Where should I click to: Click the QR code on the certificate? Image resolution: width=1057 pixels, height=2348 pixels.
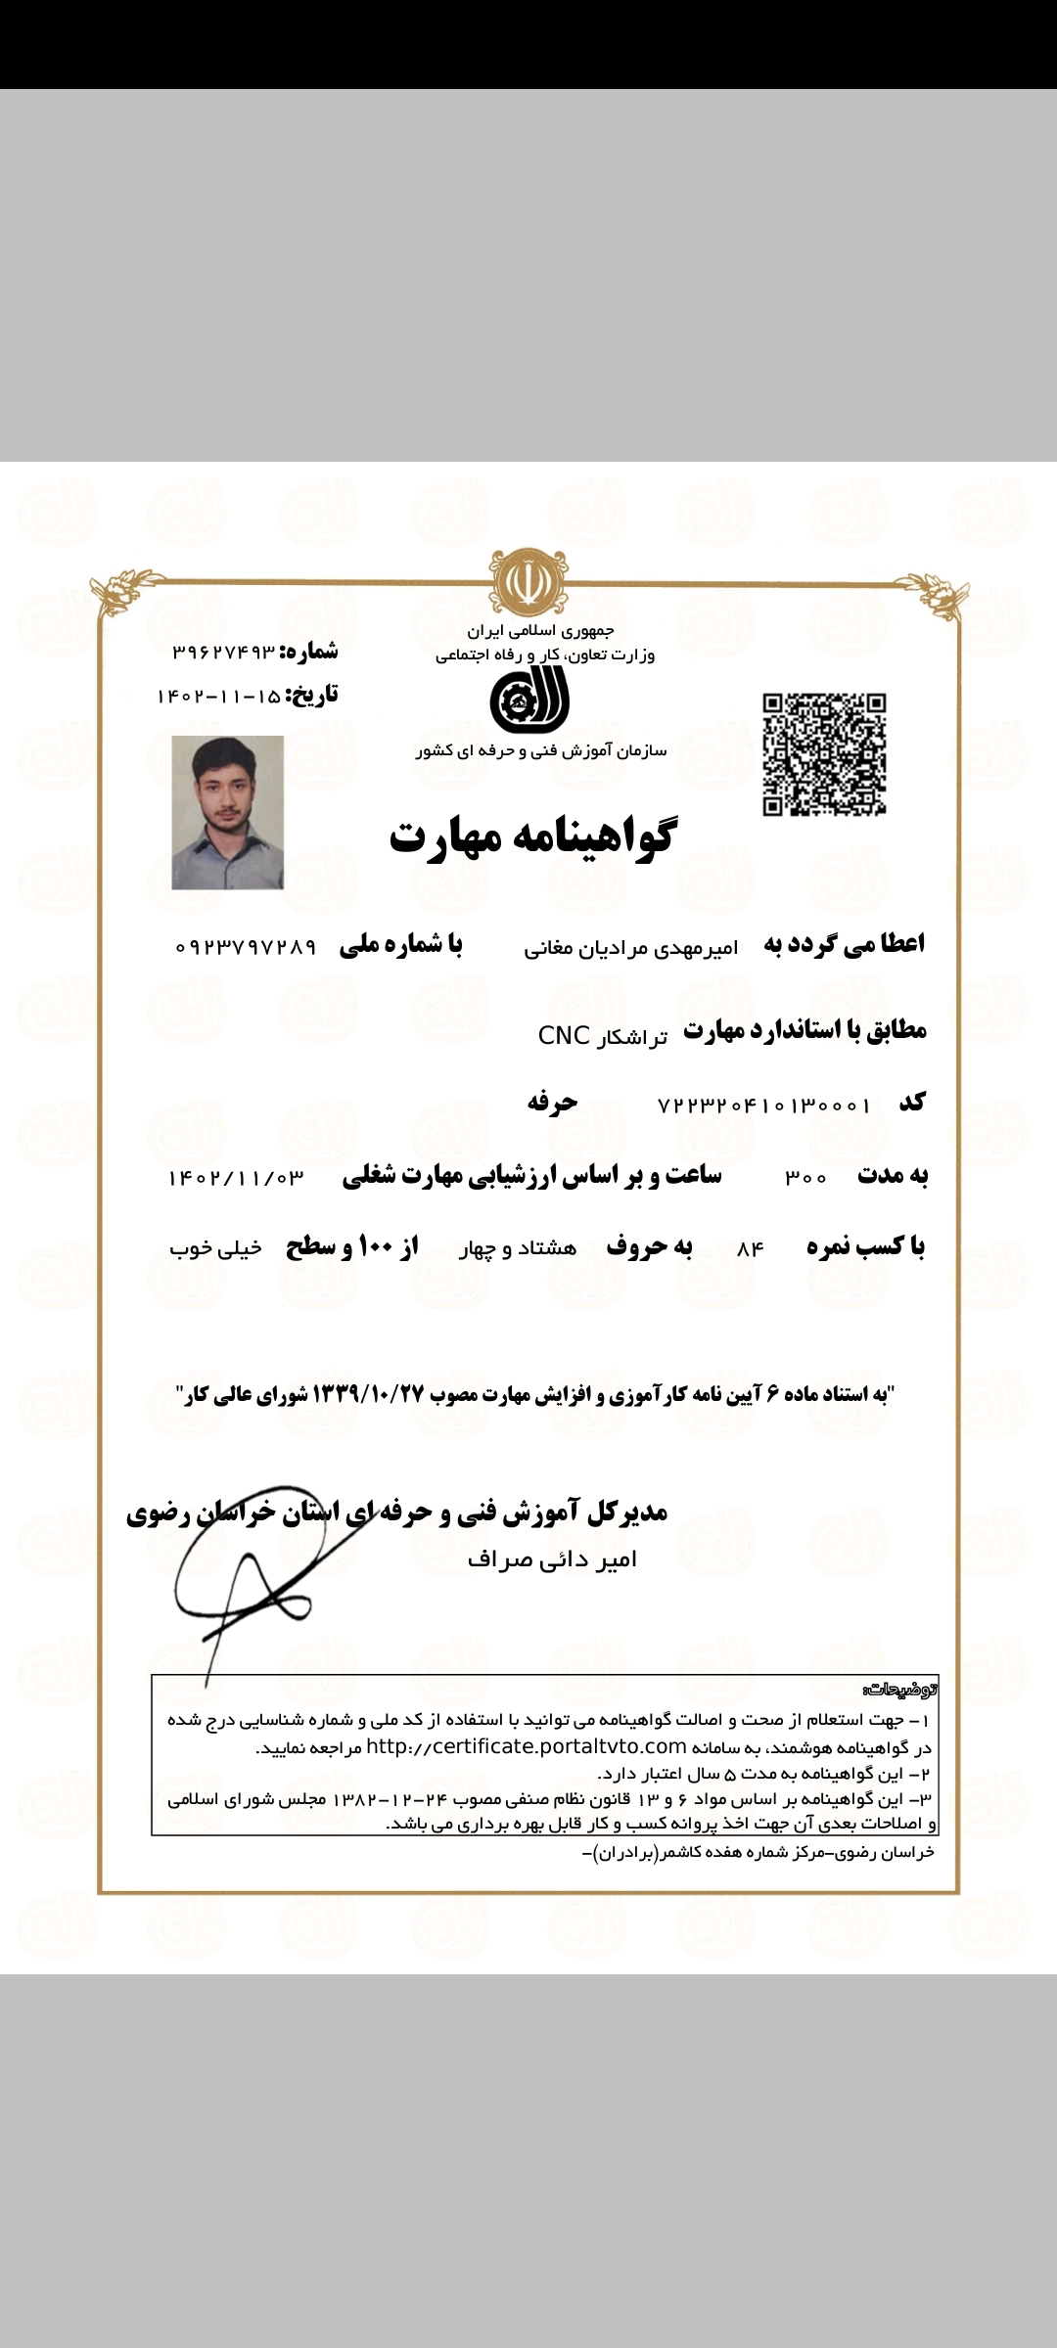(x=824, y=754)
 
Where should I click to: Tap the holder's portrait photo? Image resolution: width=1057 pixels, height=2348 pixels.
(x=228, y=812)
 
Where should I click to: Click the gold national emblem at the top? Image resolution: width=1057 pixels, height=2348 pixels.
(x=528, y=581)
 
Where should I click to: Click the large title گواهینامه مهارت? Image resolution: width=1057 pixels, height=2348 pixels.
(x=531, y=836)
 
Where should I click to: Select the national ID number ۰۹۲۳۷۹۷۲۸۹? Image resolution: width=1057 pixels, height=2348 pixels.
(x=246, y=947)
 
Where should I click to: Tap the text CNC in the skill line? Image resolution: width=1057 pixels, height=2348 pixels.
(x=564, y=1035)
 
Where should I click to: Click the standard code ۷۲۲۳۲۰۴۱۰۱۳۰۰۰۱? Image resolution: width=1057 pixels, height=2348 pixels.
(x=763, y=1106)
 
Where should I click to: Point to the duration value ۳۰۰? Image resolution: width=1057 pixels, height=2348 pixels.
(x=805, y=1178)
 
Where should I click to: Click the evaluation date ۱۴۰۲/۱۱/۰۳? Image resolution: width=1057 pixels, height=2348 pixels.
(x=236, y=1178)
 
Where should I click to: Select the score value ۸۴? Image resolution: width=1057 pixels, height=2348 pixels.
(x=750, y=1249)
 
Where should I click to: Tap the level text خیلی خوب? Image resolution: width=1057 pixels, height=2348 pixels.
(x=215, y=1248)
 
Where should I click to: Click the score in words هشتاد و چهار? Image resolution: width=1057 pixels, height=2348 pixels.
(x=518, y=1248)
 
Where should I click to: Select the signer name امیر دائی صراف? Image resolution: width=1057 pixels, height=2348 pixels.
(x=552, y=1559)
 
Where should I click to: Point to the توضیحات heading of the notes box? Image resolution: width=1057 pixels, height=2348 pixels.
(x=900, y=1690)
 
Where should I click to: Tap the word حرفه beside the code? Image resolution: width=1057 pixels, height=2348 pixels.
(x=552, y=1103)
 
